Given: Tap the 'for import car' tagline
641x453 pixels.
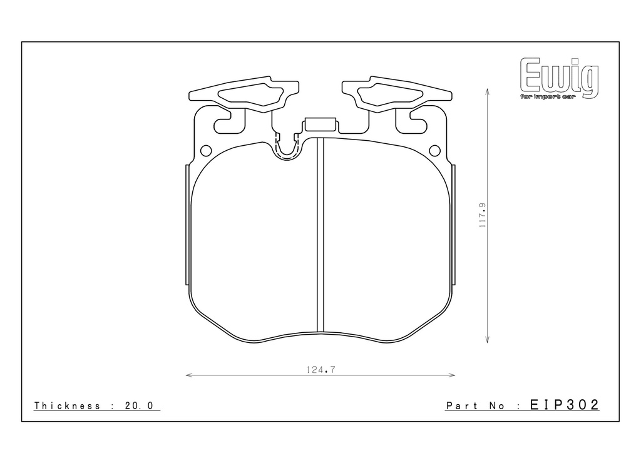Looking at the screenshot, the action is pos(548,97).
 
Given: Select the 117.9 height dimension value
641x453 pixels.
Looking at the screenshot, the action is pos(483,215).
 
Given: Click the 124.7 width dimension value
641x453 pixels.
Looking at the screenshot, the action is pos(321,370).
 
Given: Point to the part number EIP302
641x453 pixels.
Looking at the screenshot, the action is pos(565,405).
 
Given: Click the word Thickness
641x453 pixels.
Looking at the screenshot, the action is pos(67,405).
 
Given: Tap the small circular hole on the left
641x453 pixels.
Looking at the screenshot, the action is pos(206,151).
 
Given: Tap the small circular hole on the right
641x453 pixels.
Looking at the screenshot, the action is pos(435,151).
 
